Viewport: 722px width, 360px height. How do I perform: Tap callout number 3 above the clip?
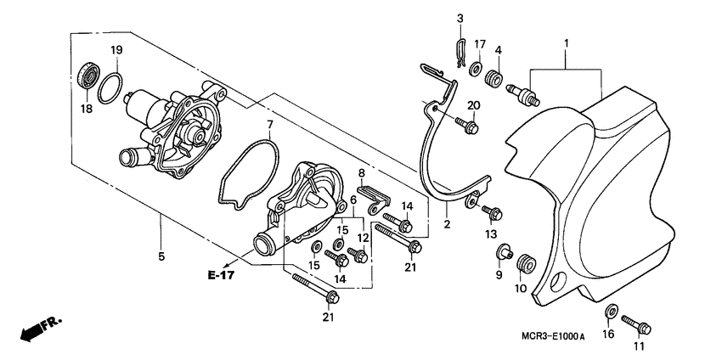pos(460,19)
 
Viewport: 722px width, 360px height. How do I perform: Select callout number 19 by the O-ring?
pos(118,50)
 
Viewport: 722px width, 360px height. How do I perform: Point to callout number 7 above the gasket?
pos(269,126)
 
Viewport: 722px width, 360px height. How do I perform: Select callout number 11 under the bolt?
pos(638,346)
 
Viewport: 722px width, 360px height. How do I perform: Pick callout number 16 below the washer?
pos(609,335)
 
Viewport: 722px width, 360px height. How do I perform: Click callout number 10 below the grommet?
pos(520,288)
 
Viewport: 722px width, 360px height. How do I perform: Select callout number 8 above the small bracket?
pos(361,173)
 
